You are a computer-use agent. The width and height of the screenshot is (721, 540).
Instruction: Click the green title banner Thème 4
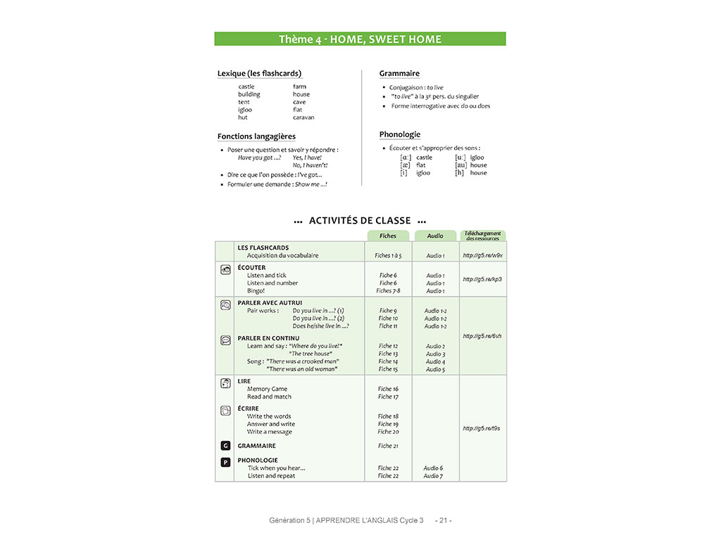tap(360, 39)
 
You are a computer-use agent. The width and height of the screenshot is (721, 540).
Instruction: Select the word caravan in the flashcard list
tap(303, 117)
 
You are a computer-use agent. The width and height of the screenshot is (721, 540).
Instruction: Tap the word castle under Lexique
tap(246, 86)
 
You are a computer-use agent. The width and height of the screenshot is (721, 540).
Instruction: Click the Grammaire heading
tap(399, 73)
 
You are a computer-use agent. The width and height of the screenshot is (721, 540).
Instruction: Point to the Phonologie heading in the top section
tap(399, 134)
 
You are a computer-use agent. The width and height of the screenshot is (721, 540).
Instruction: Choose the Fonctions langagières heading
tap(256, 136)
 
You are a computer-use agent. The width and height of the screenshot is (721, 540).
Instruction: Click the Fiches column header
tap(388, 236)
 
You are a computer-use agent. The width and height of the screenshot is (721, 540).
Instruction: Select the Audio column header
tap(435, 236)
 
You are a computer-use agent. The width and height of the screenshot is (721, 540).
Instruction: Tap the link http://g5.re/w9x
tap(482, 255)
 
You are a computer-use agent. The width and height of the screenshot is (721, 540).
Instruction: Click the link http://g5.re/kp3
tap(482, 279)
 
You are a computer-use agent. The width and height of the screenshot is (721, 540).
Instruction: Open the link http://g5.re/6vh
tap(482, 336)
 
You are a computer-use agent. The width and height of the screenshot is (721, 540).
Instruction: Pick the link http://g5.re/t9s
tap(482, 428)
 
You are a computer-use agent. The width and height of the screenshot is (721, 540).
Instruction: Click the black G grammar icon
tap(225, 446)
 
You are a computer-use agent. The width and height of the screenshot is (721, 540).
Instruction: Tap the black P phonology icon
tap(225, 462)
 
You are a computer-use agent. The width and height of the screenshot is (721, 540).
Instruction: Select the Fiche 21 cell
tap(388, 446)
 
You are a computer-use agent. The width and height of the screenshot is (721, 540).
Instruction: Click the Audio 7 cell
tap(433, 476)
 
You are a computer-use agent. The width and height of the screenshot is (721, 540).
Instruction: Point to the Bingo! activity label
tap(256, 290)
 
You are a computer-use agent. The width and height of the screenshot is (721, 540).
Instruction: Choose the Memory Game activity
tap(267, 389)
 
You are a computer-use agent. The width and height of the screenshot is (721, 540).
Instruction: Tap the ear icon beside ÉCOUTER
tap(225, 269)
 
